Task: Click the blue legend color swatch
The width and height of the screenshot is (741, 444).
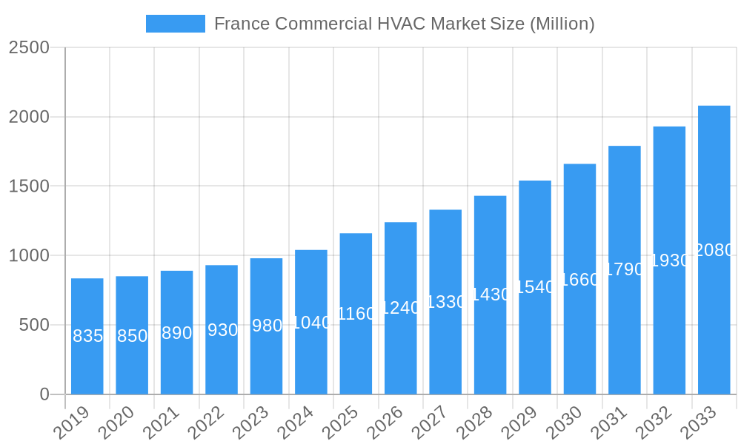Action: point(176,24)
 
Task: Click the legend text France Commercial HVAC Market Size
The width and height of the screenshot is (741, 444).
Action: point(404,24)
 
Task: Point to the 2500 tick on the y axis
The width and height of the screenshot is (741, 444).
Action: point(29,47)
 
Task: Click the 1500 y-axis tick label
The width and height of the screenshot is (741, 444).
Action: point(29,186)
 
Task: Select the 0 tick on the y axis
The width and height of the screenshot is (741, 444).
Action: point(44,394)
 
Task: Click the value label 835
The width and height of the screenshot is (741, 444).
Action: point(87,336)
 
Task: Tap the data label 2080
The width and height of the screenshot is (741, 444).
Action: point(714,250)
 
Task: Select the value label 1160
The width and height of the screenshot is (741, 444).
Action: point(356,314)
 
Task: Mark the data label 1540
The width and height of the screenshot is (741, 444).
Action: point(534,287)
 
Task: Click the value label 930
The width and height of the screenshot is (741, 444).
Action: point(222,330)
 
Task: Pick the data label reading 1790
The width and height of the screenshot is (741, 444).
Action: point(624,269)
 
